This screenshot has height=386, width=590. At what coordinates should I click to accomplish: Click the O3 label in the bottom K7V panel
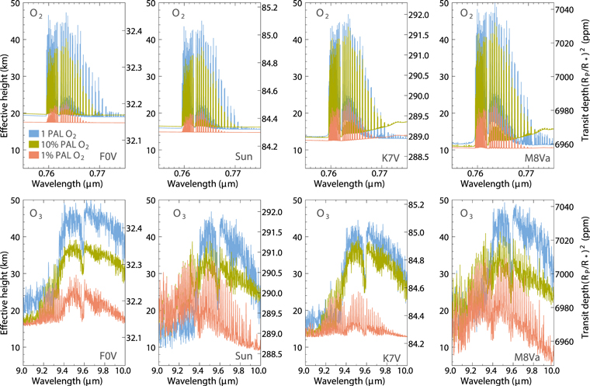pyautogui.click(x=316, y=213)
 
